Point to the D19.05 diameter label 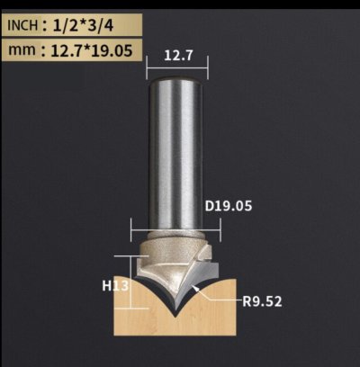tap(229, 206)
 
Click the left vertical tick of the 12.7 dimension tap(148, 65)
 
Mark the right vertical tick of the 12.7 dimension tap(208, 65)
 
